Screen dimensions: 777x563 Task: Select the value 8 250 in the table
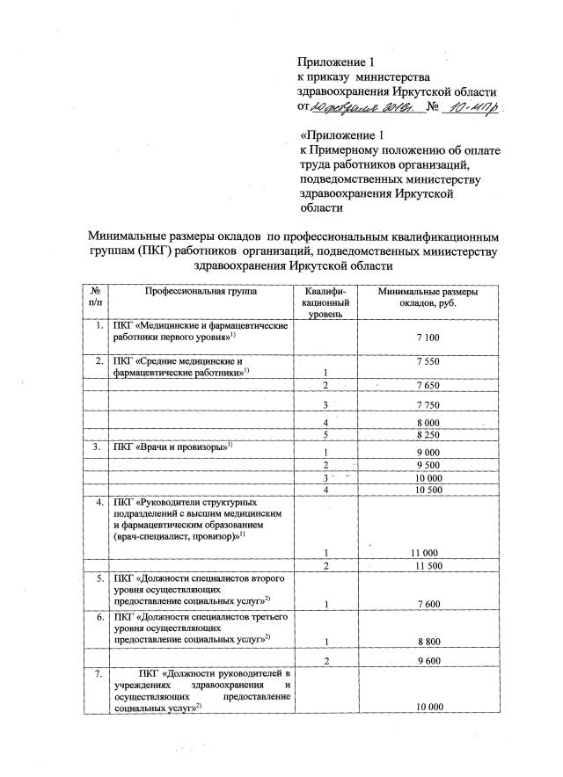pyautogui.click(x=427, y=434)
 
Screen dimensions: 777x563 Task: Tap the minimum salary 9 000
pyautogui.click(x=427, y=452)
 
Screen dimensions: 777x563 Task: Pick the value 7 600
pyautogui.click(x=427, y=604)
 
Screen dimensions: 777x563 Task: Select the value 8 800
pyautogui.click(x=427, y=642)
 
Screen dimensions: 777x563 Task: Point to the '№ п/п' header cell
pyautogui.click(x=94, y=297)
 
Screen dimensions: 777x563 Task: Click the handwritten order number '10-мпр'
pyautogui.click(x=471, y=109)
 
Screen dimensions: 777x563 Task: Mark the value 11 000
pyautogui.click(x=427, y=551)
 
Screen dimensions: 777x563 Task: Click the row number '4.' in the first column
pyautogui.click(x=98, y=503)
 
